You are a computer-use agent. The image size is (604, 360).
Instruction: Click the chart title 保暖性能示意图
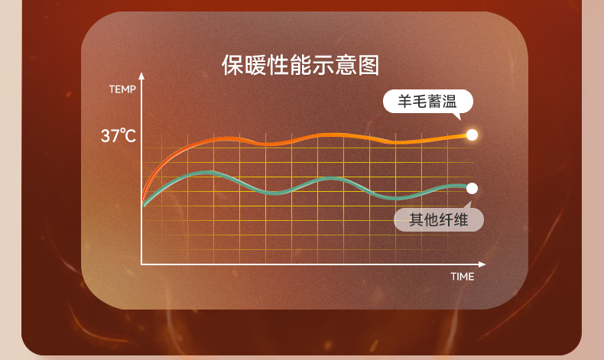point(300,65)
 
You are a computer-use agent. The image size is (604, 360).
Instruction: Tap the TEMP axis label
point(122,89)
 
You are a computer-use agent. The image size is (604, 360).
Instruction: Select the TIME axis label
point(463,277)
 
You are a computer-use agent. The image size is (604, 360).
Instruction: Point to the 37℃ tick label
point(119,135)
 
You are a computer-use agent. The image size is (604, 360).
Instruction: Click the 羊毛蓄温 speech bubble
point(428,102)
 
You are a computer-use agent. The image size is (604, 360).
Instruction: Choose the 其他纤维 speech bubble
point(439,220)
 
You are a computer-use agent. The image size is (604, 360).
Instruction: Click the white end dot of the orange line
point(472,135)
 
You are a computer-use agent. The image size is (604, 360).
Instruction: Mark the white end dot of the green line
point(472,188)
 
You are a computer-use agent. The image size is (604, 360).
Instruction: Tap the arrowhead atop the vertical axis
point(141,76)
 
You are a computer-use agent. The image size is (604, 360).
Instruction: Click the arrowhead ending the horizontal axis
point(482,264)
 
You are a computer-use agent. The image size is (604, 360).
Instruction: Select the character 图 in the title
point(369,65)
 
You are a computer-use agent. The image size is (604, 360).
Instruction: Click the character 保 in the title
point(232,65)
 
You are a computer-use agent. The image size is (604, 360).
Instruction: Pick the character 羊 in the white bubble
point(404,102)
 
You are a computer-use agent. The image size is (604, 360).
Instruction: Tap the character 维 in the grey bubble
point(461,220)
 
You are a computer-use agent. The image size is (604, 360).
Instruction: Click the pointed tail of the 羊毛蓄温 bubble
point(459,118)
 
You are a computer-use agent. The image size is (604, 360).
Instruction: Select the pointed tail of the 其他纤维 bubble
point(469,203)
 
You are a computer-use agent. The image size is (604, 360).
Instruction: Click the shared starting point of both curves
point(143,205)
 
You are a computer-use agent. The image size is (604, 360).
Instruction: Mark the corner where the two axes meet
point(141,264)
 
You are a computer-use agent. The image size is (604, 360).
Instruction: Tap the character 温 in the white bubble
point(450,102)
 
